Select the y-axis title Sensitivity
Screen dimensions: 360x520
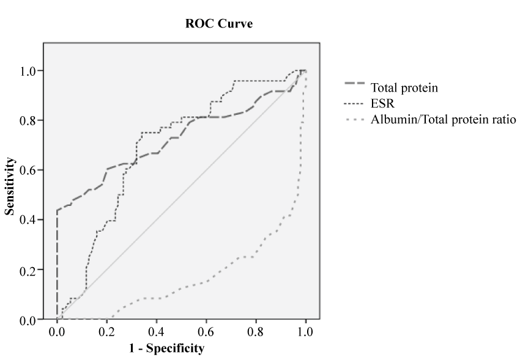pyautogui.click(x=10, y=186)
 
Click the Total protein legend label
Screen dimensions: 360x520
pyautogui.click(x=404, y=87)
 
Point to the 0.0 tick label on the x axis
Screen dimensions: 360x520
pyautogui.click(x=57, y=332)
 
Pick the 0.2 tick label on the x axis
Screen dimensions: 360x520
pyautogui.click(x=106, y=332)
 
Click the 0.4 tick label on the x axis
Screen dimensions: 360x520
pyautogui.click(x=156, y=332)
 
